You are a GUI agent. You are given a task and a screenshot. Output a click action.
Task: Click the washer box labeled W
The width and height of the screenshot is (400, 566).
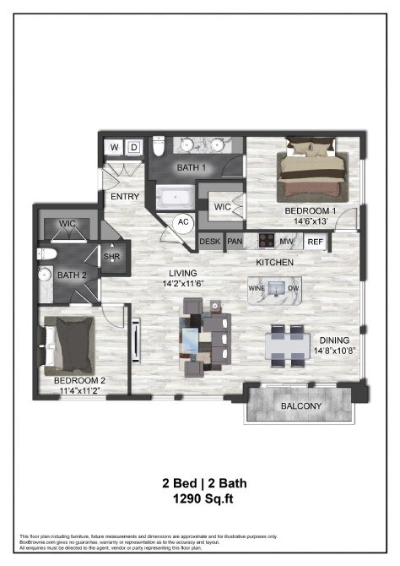coord(115,147)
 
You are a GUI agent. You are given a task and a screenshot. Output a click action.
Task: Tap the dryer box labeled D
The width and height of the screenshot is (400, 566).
coord(133,147)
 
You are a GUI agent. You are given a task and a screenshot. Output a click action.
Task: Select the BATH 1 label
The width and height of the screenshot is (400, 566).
coord(192,168)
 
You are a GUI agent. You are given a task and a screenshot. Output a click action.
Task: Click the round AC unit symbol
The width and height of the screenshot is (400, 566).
coord(181,223)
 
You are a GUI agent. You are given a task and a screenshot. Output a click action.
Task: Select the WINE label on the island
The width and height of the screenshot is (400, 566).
coord(257,288)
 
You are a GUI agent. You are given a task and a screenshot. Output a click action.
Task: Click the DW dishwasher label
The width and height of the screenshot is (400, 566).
coord(293,288)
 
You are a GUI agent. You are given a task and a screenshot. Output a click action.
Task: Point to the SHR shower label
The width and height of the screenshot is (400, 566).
coord(111,256)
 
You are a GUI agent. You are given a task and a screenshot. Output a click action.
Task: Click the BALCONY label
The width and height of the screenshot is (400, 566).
coord(300,406)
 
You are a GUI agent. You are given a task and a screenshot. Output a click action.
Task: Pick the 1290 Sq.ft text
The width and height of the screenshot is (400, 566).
coord(200,500)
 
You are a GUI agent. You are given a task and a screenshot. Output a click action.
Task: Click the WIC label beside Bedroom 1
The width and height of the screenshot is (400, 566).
coord(223,205)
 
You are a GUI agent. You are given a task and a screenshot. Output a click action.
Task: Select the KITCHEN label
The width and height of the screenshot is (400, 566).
coord(275,263)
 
